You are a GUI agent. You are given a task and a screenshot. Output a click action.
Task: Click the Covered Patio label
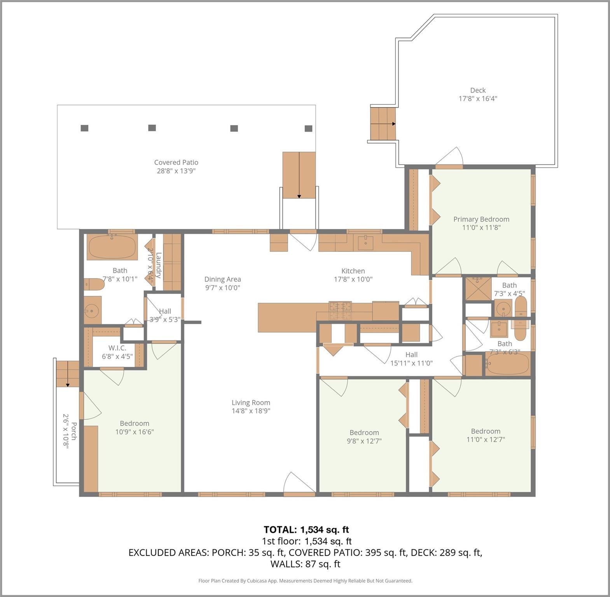point(176,162)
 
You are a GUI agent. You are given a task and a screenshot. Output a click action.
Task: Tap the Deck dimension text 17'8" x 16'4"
point(477,99)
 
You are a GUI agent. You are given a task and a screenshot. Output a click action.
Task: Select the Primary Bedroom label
point(481,219)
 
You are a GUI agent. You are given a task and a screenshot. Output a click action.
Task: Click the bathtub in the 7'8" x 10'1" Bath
point(112,247)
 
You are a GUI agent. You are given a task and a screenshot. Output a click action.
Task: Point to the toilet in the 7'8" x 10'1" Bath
point(94,285)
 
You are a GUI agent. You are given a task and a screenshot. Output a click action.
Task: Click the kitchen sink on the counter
point(365,243)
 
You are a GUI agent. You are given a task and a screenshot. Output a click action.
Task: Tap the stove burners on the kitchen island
point(340,311)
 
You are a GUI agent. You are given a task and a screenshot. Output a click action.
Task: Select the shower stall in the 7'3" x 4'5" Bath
point(478,288)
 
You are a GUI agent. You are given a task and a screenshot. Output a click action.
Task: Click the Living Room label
point(251,403)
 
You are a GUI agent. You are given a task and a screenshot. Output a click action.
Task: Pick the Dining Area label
point(222,279)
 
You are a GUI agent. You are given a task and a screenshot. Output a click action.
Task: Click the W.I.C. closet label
point(117,348)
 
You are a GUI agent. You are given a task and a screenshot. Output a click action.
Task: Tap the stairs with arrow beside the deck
point(383,124)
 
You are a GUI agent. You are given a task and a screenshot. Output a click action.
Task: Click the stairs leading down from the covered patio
point(299,175)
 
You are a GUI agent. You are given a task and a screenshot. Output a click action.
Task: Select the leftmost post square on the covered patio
point(84,128)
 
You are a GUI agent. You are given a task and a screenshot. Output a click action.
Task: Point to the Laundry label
point(159,265)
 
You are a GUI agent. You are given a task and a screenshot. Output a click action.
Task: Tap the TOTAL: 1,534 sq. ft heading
point(306,530)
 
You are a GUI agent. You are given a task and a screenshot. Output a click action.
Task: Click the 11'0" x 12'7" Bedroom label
point(485,431)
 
